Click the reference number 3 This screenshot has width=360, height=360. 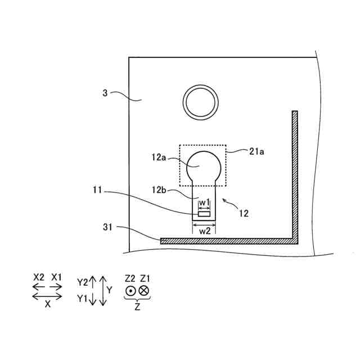pos(105,93)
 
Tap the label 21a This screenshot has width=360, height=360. pos(256,151)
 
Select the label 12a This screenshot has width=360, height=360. pos(159,157)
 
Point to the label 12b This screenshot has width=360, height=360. pos(159,190)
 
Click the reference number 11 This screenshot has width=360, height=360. pos(97,190)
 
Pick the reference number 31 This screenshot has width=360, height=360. pos(107,227)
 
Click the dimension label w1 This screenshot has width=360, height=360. pos(204,202)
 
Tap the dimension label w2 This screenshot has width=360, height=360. pos(205,231)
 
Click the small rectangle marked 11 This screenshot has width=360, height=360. pos(204,214)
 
